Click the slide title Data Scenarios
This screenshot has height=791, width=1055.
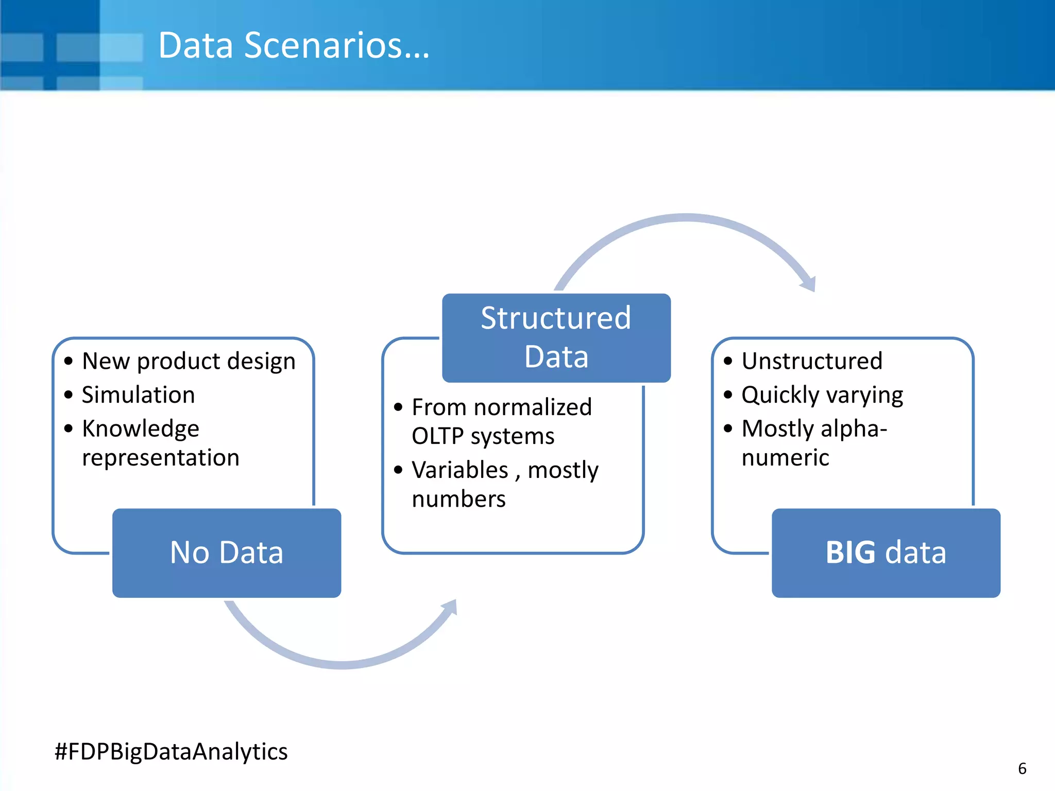(293, 45)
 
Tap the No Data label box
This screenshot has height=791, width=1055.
(227, 553)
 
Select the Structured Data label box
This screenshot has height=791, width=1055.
(556, 337)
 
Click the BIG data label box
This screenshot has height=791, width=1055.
(886, 553)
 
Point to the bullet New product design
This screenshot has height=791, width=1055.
(189, 361)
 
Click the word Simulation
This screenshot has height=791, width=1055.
(139, 395)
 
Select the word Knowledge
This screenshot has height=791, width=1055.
(141, 429)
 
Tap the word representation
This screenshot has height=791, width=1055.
(161, 458)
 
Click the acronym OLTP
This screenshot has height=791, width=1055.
(438, 436)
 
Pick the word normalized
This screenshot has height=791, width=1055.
(533, 407)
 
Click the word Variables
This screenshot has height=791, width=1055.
(460, 470)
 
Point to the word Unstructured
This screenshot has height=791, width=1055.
(812, 361)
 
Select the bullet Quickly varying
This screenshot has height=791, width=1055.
(822, 395)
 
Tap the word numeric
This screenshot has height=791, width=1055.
(785, 458)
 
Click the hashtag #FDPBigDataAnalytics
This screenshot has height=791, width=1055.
(171, 751)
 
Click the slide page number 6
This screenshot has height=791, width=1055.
(1022, 769)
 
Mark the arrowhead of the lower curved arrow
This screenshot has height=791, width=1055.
(451, 606)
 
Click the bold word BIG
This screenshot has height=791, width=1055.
(850, 553)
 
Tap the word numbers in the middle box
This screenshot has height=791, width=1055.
(458, 499)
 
